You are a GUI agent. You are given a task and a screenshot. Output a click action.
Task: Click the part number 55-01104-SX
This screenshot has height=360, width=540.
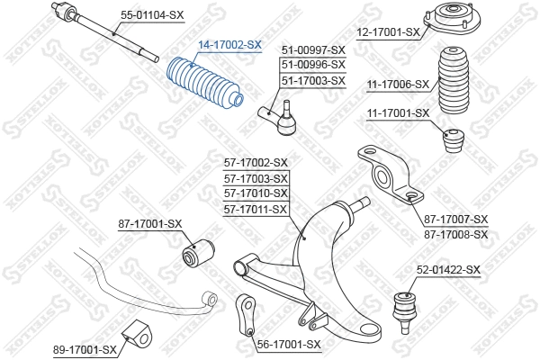(152, 15)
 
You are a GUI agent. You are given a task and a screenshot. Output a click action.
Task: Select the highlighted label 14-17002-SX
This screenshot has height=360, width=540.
(229, 44)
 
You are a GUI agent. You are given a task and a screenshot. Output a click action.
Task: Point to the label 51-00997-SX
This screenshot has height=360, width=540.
(313, 49)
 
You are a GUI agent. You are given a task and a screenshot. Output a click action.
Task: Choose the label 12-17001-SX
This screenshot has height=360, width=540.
(389, 32)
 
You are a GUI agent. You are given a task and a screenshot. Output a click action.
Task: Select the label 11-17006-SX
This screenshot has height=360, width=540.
(398, 84)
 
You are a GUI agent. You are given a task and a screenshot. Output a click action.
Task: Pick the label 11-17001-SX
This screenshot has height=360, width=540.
(398, 112)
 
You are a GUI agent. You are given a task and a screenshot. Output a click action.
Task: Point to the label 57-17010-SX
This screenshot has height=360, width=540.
(256, 193)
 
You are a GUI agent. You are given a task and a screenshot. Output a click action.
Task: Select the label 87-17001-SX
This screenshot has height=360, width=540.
(149, 223)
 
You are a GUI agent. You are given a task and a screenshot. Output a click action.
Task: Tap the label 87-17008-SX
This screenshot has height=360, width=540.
(455, 234)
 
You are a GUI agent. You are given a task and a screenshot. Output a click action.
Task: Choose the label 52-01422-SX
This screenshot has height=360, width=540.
(448, 269)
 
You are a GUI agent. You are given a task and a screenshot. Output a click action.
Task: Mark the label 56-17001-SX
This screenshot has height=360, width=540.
(288, 344)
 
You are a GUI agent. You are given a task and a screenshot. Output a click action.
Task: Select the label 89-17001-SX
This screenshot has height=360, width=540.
(85, 349)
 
